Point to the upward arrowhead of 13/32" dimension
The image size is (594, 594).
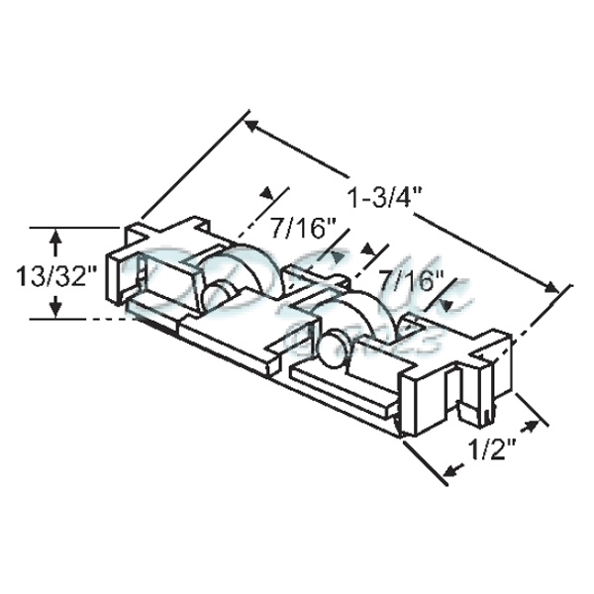click(x=56, y=237)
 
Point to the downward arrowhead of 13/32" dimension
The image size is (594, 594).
click(x=56, y=310)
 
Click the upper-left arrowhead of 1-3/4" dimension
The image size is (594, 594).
click(x=252, y=127)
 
